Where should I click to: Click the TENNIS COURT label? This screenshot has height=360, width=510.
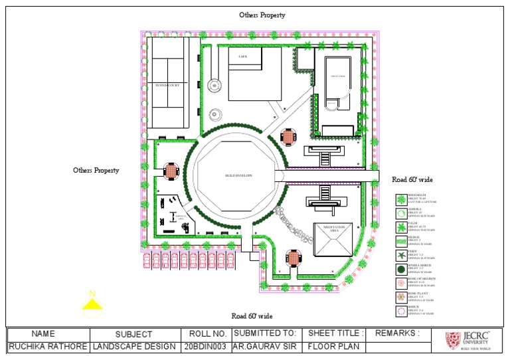[167, 85]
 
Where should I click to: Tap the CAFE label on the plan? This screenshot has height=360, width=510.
[243, 57]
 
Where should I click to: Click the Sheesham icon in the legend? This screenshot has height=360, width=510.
[401, 199]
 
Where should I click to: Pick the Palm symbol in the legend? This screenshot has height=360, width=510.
[401, 227]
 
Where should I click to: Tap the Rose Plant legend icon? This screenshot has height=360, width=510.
[401, 297]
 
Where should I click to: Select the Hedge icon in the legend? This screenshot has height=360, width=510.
[401, 241]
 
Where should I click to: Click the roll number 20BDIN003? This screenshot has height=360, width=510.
[205, 347]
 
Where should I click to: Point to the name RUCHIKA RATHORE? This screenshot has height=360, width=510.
[48, 347]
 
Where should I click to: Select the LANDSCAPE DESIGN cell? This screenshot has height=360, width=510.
[134, 347]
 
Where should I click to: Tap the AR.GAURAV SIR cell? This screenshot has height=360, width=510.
[264, 347]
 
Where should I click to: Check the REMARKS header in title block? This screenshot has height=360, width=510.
[397, 333]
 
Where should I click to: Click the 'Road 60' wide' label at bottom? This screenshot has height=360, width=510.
[252, 316]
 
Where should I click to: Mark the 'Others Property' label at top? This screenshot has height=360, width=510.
[262, 15]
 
